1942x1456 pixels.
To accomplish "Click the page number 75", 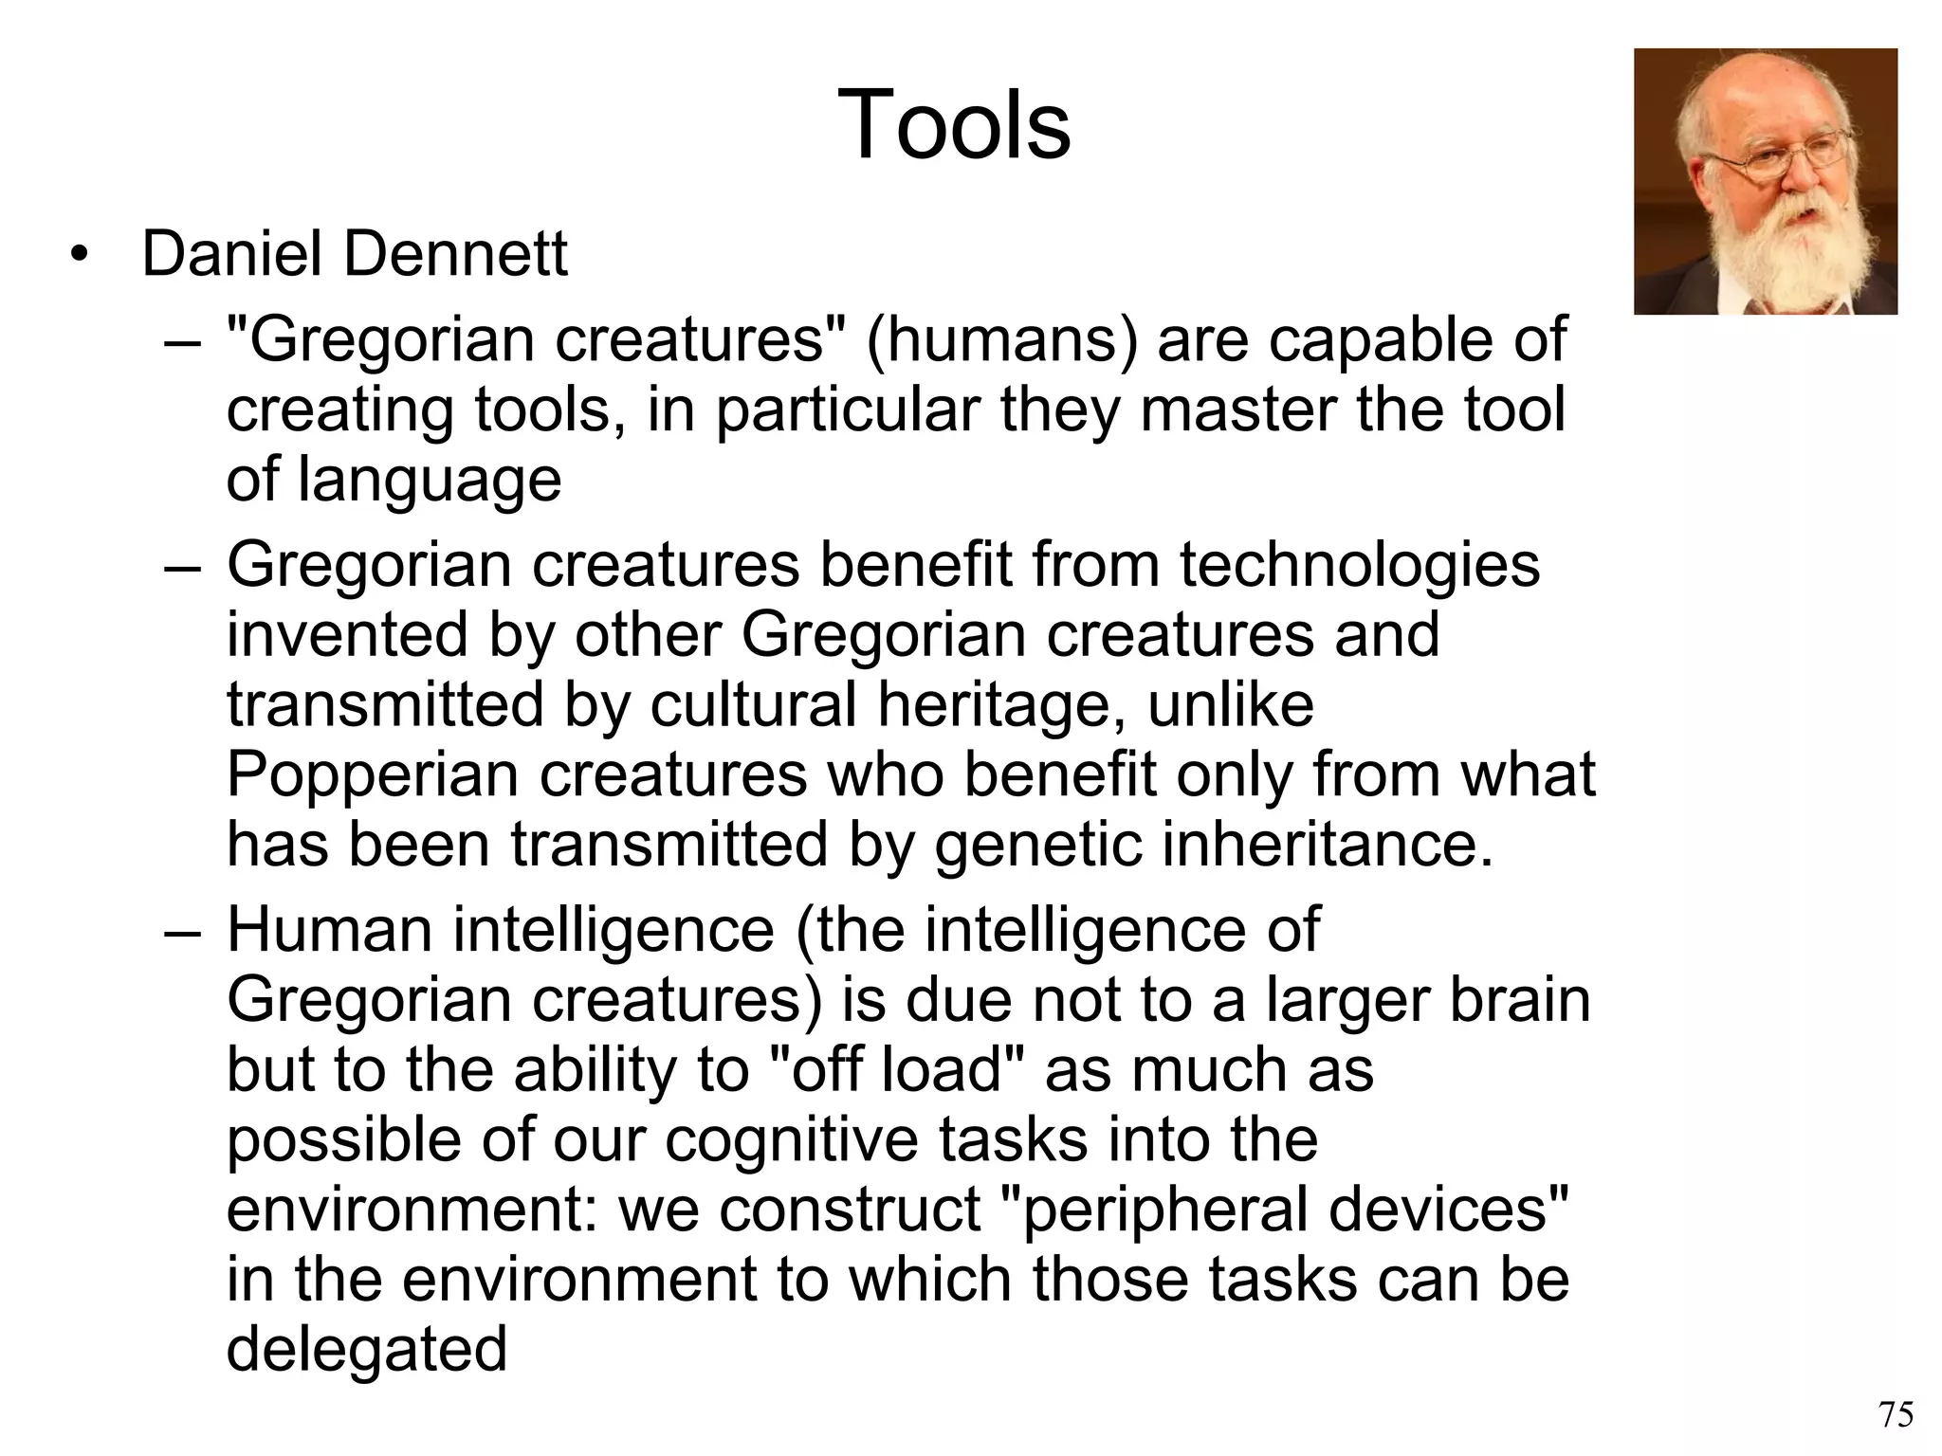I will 1896,1414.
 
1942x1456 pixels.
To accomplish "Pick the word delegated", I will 367,1350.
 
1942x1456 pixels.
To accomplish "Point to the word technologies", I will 1360,565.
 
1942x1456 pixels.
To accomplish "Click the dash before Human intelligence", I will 182,931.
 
